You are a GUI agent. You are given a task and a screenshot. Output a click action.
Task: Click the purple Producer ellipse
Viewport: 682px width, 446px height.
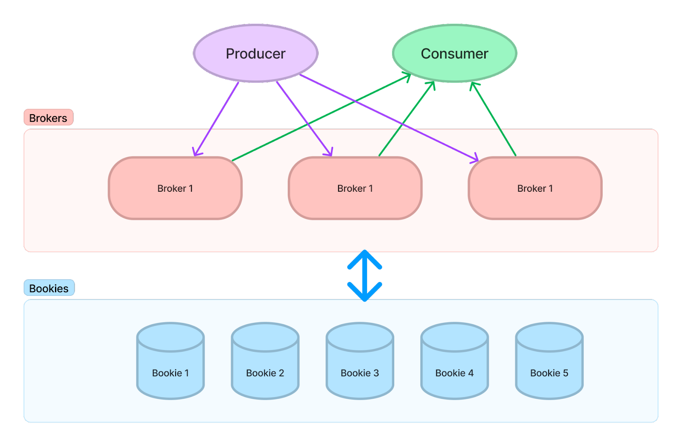point(256,53)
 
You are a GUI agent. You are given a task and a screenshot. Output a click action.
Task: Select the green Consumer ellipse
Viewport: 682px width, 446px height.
point(454,53)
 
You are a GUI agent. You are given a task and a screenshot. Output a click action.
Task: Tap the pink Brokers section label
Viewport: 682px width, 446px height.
point(48,118)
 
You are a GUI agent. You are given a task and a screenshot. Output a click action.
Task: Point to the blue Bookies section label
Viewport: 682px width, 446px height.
point(49,288)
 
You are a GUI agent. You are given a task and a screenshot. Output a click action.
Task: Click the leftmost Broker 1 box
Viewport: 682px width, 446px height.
point(175,188)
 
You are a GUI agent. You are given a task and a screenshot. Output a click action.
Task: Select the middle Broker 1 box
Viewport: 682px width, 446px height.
point(355,188)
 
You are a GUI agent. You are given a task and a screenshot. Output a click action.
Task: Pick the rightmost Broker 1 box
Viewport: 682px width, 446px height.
point(535,188)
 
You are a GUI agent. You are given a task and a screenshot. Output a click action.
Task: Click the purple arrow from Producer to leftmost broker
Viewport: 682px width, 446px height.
point(217,118)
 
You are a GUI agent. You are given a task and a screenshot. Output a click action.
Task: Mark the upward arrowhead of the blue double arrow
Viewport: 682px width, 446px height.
point(364,258)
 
